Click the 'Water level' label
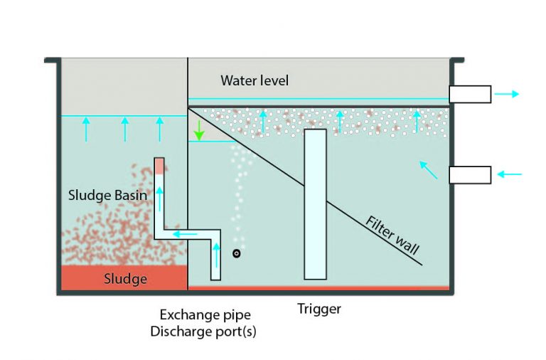pos(255,80)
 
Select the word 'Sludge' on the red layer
pos(125,278)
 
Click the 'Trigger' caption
pos(319,309)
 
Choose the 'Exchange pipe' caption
pos(205,314)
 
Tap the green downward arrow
pos(200,131)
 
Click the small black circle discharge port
pos(237,253)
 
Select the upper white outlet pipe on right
pos(469,94)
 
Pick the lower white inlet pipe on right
pos(469,174)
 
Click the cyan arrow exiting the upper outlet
pos(508,94)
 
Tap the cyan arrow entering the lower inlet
pos(510,174)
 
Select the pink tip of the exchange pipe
pos(160,165)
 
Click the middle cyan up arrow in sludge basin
pos(125,129)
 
